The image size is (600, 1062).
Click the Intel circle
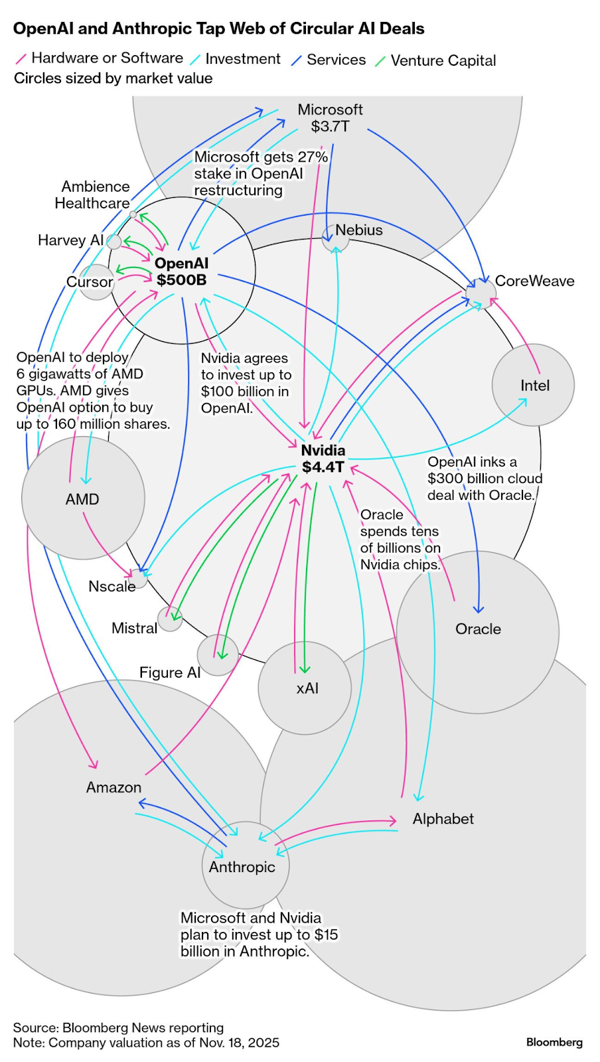[533, 385]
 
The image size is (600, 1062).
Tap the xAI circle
[305, 688]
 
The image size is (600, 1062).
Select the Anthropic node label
[242, 867]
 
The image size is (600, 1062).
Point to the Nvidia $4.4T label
[323, 459]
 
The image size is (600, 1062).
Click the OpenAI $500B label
[181, 271]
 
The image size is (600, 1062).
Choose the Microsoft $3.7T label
[330, 117]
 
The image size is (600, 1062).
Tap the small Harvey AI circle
[114, 242]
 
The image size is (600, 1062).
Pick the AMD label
[82, 499]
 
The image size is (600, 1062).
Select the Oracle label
[478, 629]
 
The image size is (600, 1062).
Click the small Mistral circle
[170, 619]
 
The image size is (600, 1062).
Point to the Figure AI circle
[218, 655]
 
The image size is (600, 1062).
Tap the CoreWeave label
[534, 281]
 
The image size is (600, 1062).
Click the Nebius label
[358, 230]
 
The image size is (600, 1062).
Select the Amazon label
[113, 787]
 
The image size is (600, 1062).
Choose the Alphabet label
[443, 818]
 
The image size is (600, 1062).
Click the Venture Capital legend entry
[443, 60]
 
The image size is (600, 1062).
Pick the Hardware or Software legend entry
[107, 58]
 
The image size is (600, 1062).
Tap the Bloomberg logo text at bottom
[554, 1042]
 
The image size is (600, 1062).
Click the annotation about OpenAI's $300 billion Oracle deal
[485, 478]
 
